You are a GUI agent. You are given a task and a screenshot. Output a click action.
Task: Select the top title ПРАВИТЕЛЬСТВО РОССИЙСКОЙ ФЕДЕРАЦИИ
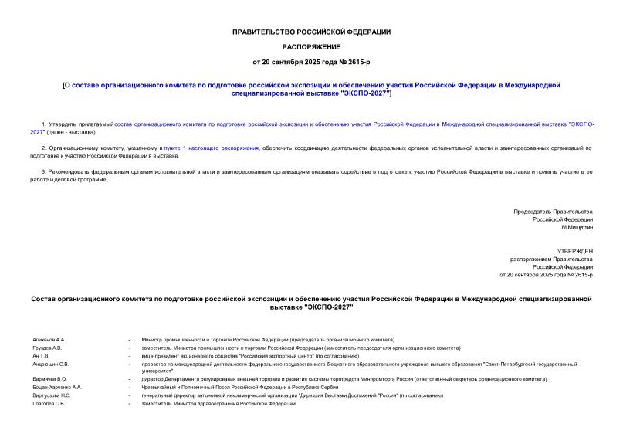(x=311, y=32)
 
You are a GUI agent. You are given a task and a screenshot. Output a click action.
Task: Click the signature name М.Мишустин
(x=577, y=228)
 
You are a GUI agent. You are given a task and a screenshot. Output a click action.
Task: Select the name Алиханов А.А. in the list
(x=49, y=339)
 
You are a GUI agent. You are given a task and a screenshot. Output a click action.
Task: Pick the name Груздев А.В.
(x=47, y=348)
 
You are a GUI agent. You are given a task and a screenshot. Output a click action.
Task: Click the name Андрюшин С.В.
(x=51, y=364)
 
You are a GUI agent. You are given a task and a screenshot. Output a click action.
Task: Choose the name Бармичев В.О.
(x=50, y=379)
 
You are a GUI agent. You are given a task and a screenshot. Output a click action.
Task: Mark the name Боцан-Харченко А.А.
(x=58, y=387)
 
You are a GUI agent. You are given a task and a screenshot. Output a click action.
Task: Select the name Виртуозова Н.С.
(x=52, y=395)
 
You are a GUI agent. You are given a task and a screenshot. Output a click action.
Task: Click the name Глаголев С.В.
(x=49, y=403)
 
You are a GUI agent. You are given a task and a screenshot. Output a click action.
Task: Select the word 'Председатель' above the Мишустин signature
(x=533, y=212)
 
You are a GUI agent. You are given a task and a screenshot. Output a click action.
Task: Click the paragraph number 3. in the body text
(x=43, y=172)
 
